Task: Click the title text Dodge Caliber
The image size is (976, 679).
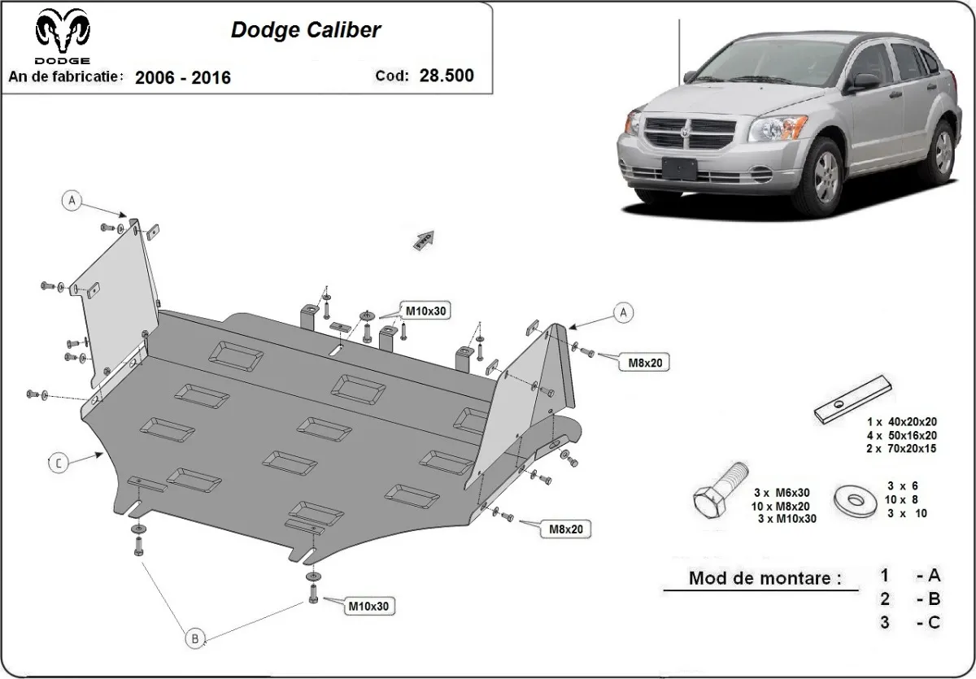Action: pos(306,30)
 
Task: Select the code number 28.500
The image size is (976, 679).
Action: pos(446,76)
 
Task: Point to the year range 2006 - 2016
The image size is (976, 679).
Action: pos(182,77)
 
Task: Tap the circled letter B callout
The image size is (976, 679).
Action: pos(194,638)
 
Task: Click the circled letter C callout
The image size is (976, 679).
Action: pos(59,464)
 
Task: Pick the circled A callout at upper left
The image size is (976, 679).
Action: pos(72,200)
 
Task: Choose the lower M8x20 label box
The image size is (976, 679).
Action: pos(566,529)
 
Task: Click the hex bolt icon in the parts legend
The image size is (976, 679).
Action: pos(720,490)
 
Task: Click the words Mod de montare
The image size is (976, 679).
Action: pos(765,579)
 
